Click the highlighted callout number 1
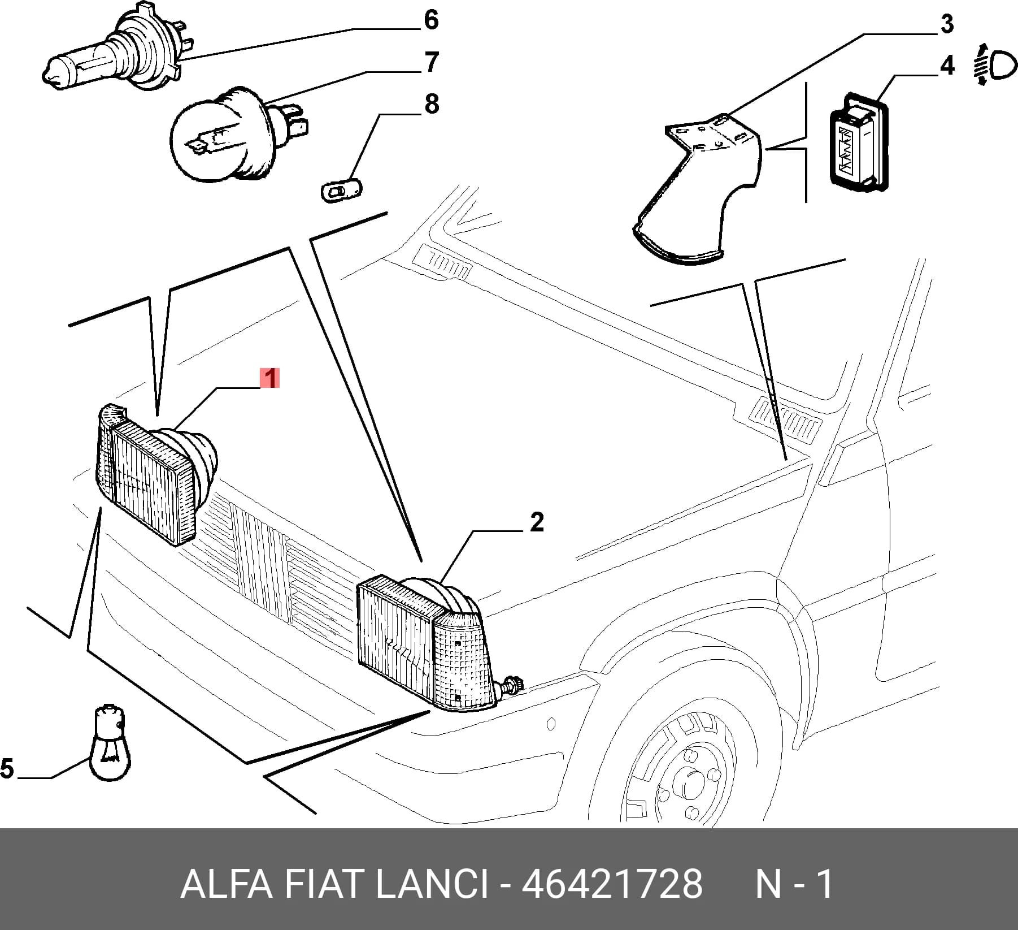[x=270, y=378]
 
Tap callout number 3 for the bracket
[x=946, y=24]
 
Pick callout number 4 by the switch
[x=946, y=66]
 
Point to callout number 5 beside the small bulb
[x=6, y=769]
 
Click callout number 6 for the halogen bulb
[x=431, y=20]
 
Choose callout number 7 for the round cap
[x=432, y=62]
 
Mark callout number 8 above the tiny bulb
[x=432, y=104]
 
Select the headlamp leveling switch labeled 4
[x=858, y=140]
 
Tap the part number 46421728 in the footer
[x=612, y=884]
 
